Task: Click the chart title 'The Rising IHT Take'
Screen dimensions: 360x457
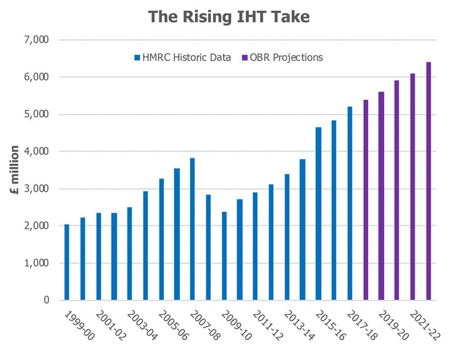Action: (x=228, y=17)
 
